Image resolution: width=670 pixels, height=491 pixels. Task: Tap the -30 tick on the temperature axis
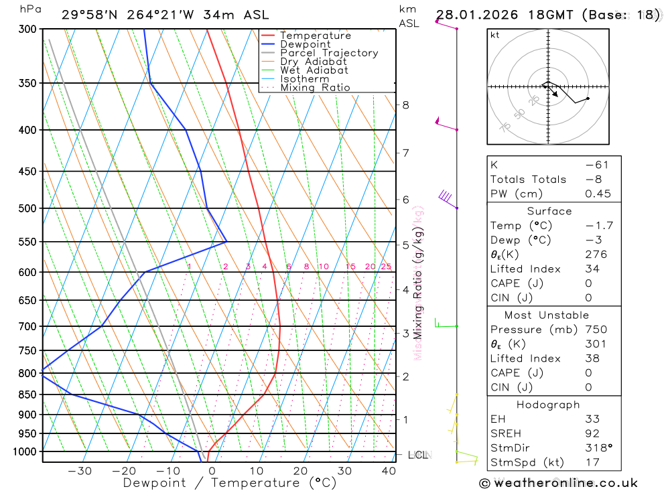(x=80, y=471)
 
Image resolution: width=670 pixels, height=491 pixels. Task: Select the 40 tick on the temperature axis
(x=388, y=471)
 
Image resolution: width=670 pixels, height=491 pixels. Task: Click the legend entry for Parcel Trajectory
(x=329, y=53)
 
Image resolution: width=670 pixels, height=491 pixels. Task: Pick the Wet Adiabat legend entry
(x=314, y=70)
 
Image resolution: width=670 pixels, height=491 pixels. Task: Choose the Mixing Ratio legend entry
(x=315, y=88)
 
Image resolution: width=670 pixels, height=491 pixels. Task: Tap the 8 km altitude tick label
(x=405, y=105)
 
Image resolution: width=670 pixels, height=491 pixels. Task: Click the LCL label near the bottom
(x=417, y=455)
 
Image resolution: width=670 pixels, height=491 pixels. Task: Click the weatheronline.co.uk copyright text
(x=558, y=483)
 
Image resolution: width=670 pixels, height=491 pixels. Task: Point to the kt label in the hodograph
(x=495, y=35)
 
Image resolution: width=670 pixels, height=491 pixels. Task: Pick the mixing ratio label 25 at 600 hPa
(x=386, y=267)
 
